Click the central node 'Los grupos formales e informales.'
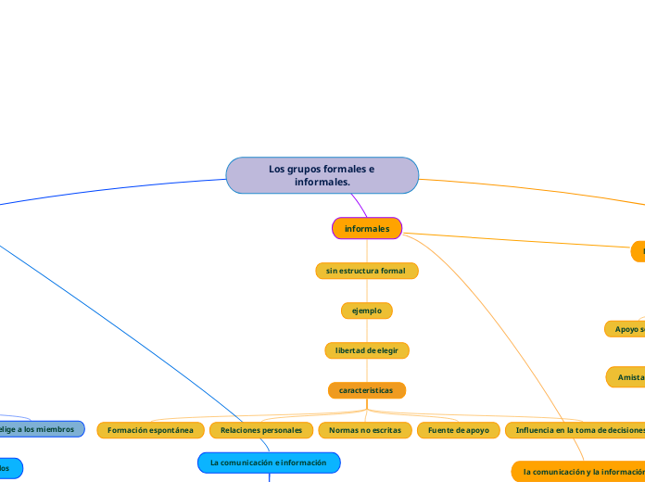pos(322,175)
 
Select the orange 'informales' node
pos(367,228)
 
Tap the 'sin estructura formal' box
pos(367,271)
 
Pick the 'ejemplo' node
pos(367,311)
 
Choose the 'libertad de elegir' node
pos(367,350)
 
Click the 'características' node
pos(367,390)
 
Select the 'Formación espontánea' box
pos(151,430)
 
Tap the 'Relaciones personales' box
pos(261,430)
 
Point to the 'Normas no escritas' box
pos(365,430)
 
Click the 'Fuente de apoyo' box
pos(459,430)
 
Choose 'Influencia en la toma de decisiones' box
pos(575,430)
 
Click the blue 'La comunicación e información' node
pos(269,462)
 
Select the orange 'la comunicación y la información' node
pos(579,472)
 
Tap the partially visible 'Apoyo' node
pos(626,329)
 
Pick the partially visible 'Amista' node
pos(626,377)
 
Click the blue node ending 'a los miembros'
pos(41,429)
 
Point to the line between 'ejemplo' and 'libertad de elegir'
pos(367,331)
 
